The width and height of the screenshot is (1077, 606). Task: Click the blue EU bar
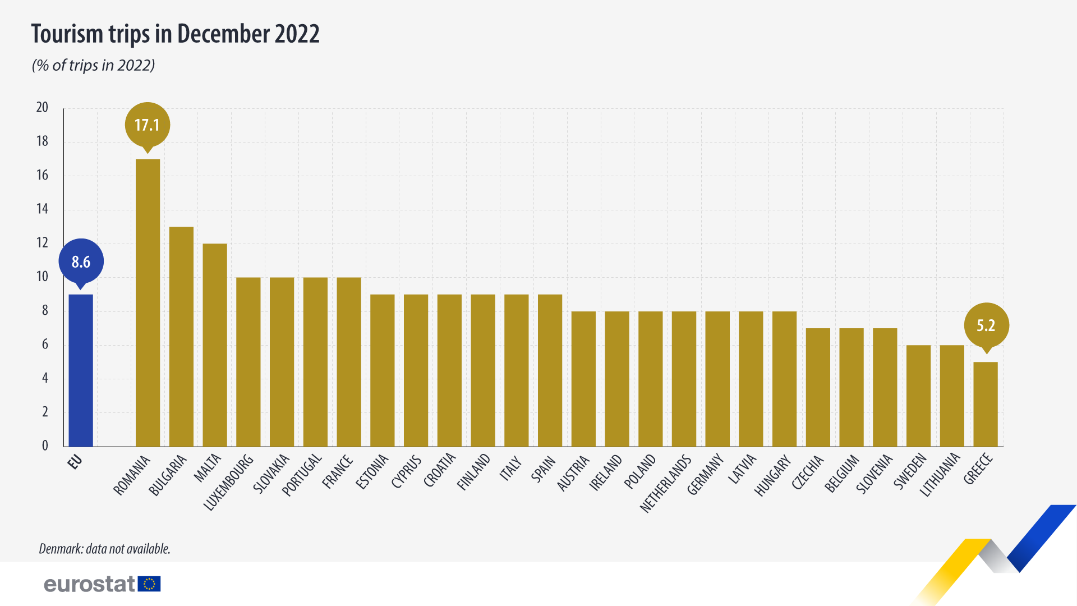coord(81,370)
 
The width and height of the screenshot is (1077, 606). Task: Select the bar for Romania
coord(148,303)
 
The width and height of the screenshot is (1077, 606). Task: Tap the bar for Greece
coord(985,404)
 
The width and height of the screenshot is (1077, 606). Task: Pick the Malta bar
coord(215,345)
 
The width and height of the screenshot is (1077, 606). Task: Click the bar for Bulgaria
coord(181,337)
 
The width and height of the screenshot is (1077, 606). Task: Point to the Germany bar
coord(717,379)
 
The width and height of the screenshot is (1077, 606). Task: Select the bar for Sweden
coord(918,396)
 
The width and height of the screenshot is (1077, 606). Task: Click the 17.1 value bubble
coord(147,125)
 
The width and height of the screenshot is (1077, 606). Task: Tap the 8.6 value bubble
coord(81,261)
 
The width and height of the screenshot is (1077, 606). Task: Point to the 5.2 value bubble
coord(986,325)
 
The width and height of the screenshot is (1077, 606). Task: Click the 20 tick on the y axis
coord(42,107)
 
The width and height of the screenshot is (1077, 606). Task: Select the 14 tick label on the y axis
coord(42,209)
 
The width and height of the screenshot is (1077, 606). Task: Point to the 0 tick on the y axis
coord(45,446)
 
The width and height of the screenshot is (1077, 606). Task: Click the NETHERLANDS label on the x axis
coord(666,484)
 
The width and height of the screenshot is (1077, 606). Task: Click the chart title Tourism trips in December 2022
coord(175,34)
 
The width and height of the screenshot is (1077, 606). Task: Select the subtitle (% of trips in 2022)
coord(93,65)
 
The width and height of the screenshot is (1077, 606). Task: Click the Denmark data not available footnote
coord(104,548)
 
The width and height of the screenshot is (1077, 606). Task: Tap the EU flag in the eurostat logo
coord(149,584)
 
